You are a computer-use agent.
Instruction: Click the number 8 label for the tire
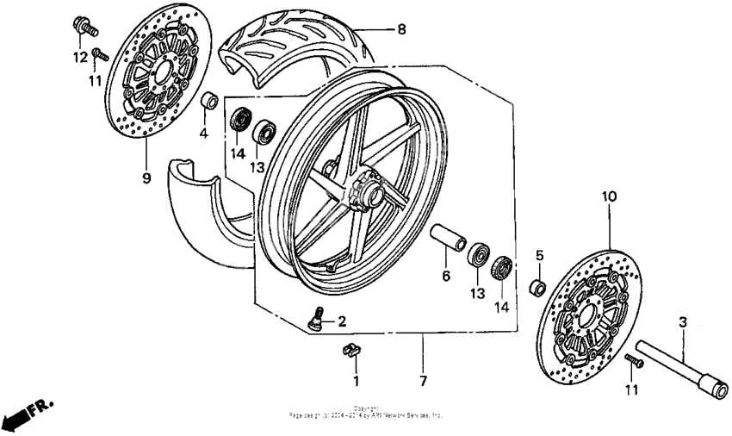[x=400, y=29]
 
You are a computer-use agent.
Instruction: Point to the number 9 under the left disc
[x=146, y=178]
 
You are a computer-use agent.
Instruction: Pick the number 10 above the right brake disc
[x=609, y=197]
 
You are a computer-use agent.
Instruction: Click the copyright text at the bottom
[x=366, y=413]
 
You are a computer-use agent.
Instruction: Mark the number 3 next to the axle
[x=682, y=322]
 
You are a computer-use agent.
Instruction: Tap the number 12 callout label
[x=80, y=58]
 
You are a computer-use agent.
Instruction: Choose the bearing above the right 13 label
[x=476, y=255]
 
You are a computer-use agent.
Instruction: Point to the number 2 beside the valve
[x=341, y=322]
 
